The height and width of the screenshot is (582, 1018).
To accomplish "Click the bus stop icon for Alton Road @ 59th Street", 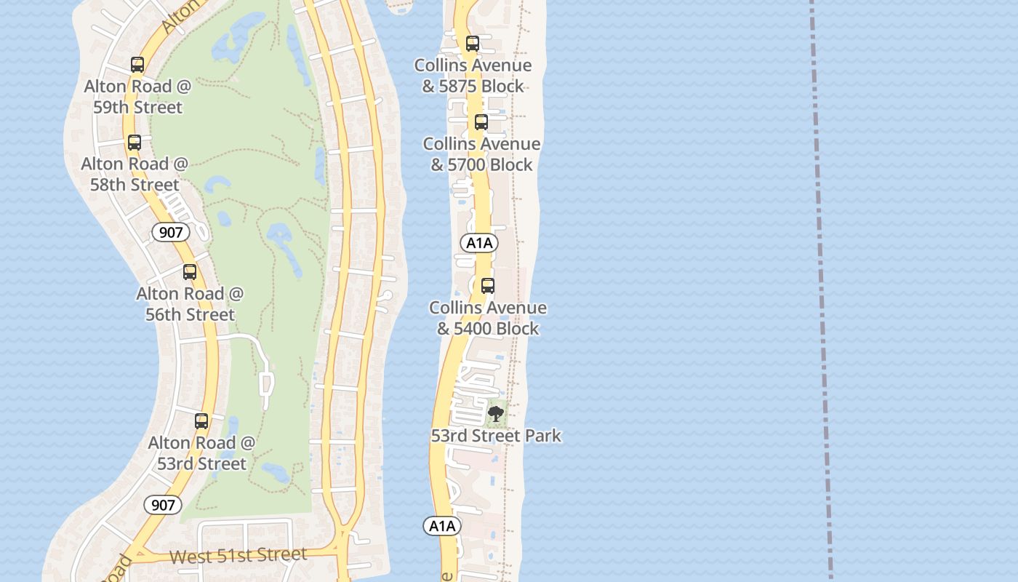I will click(x=137, y=65).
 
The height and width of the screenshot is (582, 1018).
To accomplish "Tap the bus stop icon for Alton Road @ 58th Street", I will click(x=135, y=143).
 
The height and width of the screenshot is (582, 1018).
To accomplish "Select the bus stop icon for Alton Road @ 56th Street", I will click(x=190, y=272).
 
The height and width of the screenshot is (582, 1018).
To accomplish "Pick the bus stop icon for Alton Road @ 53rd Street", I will click(x=201, y=421).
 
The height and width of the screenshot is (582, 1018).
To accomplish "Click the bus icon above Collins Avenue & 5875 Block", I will click(x=473, y=44).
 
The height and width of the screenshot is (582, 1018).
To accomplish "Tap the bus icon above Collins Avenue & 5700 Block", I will click(x=481, y=122).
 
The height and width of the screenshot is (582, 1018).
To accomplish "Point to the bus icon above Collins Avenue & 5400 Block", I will click(x=488, y=286).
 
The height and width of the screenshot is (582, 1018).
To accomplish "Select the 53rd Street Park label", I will click(x=496, y=436).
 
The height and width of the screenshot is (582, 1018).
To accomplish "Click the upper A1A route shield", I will click(x=479, y=243).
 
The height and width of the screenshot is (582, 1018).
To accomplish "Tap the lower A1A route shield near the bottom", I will click(x=442, y=526).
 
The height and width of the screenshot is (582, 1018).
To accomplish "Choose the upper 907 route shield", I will click(x=171, y=233).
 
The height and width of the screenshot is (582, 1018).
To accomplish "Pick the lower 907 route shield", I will click(x=162, y=505).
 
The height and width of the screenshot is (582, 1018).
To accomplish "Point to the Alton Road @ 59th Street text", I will click(x=137, y=97).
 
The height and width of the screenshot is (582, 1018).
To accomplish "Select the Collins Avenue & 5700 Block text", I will click(x=481, y=154).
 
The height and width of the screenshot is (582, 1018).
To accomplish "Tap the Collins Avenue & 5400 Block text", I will click(x=488, y=318).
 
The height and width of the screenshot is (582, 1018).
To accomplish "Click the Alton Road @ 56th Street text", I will click(x=190, y=304).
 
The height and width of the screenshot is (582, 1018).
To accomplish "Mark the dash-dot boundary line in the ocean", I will click(x=821, y=291).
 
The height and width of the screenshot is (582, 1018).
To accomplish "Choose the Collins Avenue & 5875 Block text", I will click(x=473, y=76).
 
